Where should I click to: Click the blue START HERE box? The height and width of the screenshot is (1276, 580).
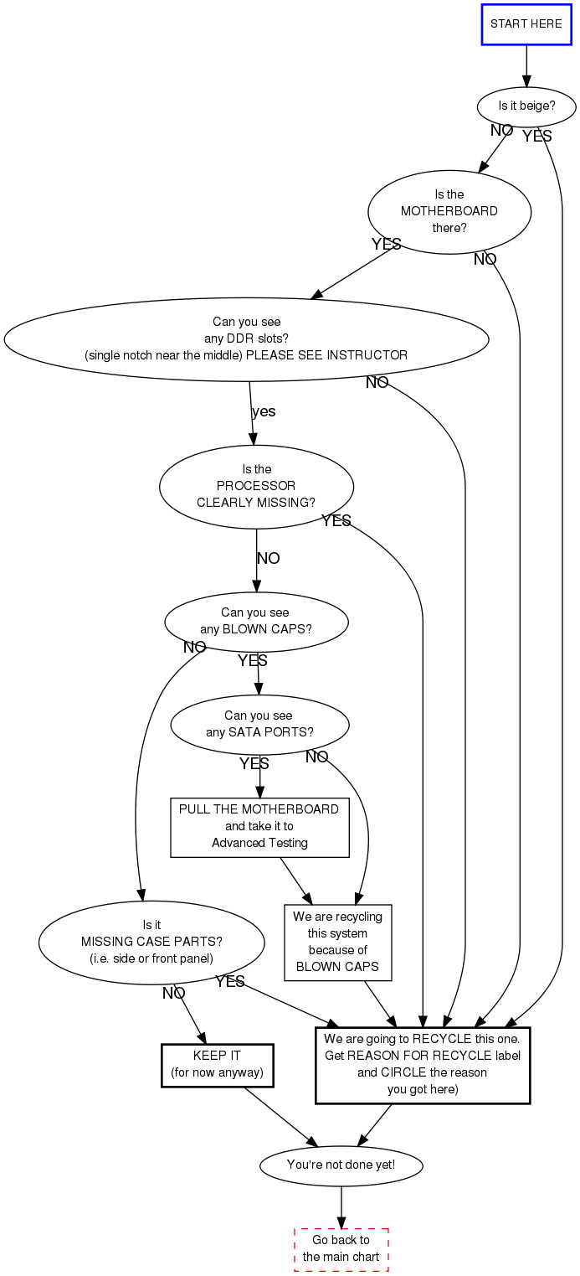pyautogui.click(x=526, y=23)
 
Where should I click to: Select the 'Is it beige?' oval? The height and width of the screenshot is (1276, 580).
pyautogui.click(x=526, y=106)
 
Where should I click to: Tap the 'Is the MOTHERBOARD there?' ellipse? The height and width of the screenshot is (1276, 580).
pyautogui.click(x=449, y=211)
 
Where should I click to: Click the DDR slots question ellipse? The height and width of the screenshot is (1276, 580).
pyautogui.click(x=246, y=338)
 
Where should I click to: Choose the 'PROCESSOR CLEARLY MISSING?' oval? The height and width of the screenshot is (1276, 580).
pyautogui.click(x=256, y=486)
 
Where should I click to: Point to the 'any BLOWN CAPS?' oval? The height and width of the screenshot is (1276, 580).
pyautogui.click(x=256, y=621)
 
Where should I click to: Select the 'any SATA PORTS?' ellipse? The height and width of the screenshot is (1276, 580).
pyautogui.click(x=259, y=724)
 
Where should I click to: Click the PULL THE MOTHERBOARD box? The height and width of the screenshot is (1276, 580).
pyautogui.click(x=259, y=827)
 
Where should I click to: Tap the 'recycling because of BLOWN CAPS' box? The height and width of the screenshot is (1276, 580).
pyautogui.click(x=337, y=942)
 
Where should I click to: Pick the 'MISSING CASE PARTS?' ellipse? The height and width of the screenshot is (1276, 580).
pyautogui.click(x=151, y=942)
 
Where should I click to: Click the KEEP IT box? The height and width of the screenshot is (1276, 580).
pyautogui.click(x=217, y=1064)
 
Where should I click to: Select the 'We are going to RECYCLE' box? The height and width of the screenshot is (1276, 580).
pyautogui.click(x=423, y=1064)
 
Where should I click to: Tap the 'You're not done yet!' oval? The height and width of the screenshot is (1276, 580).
pyautogui.click(x=341, y=1165)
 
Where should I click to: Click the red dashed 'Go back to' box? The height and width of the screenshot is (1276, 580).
pyautogui.click(x=341, y=1249)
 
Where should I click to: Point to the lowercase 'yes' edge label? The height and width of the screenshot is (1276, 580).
pyautogui.click(x=264, y=411)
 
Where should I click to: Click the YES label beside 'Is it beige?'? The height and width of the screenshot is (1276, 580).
pyautogui.click(x=536, y=136)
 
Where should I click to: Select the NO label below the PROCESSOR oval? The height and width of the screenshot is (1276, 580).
pyautogui.click(x=268, y=559)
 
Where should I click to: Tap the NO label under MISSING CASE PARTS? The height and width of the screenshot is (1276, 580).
pyautogui.click(x=173, y=994)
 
